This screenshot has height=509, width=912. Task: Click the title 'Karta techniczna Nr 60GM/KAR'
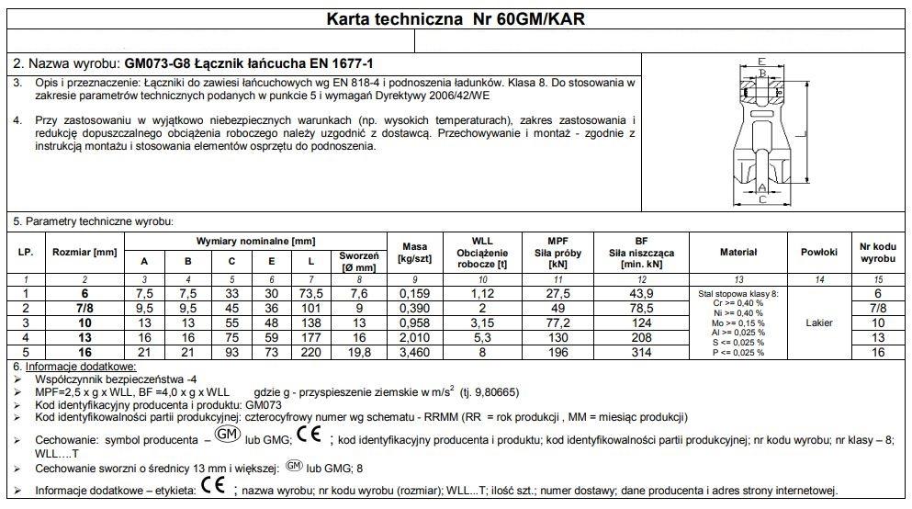coord(456,18)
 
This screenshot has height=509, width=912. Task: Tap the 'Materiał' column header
coord(737,251)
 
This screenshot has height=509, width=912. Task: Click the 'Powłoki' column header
coord(818,251)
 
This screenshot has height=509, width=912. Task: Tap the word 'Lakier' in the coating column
coord(818,322)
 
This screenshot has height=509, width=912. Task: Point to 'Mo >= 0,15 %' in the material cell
coord(737,322)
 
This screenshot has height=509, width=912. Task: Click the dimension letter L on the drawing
coord(806,134)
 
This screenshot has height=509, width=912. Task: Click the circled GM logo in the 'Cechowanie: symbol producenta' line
coord(225,434)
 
